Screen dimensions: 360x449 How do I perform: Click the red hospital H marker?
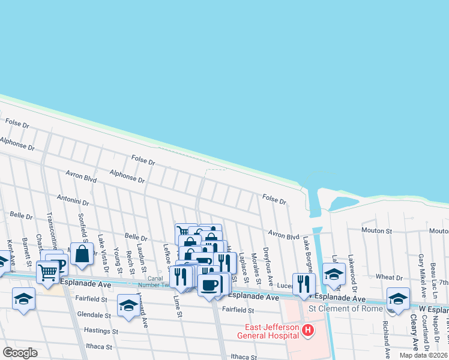coord(308,330)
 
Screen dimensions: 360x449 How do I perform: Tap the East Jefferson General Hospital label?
coord(272,331)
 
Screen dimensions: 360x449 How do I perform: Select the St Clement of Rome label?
coord(346,308)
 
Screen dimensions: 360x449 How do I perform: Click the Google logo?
coord(20,352)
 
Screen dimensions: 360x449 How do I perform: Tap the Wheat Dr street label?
coord(389,277)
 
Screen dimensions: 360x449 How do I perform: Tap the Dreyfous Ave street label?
coord(267,266)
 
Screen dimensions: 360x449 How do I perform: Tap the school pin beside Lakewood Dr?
coord(334,273)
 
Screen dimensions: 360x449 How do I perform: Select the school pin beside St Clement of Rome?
coord(397,298)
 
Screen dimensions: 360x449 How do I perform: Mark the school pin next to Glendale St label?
coord(128,305)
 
